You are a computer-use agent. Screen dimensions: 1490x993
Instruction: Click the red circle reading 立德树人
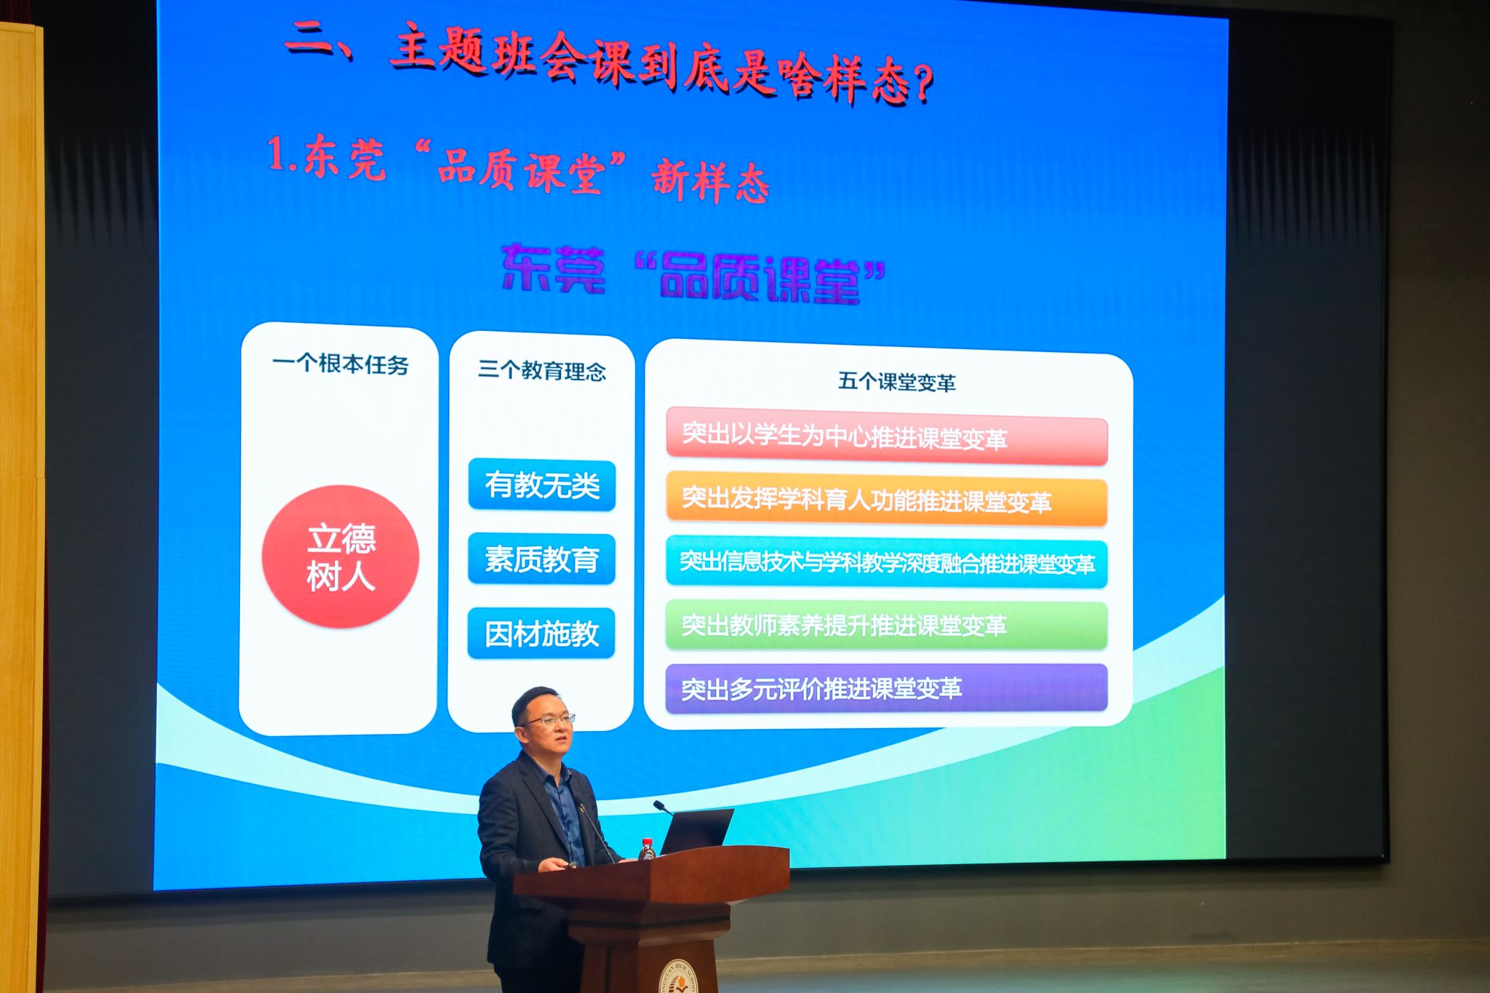340,557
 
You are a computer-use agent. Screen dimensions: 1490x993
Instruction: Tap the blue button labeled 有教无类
542,484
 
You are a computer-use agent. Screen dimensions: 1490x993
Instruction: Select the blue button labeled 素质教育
541,559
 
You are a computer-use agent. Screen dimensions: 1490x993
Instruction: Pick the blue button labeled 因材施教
541,633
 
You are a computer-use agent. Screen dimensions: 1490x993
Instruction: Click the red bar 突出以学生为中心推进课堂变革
887,436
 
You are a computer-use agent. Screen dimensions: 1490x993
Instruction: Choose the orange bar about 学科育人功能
887,501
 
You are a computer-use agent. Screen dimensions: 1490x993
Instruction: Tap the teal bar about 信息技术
887,562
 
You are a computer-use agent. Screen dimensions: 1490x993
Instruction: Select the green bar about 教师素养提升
887,625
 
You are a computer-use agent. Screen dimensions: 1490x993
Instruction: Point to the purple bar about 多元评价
887,688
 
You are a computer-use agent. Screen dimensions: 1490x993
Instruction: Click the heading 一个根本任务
340,364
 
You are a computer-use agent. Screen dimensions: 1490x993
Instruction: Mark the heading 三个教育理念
542,370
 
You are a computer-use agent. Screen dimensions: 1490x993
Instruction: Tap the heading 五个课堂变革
896,381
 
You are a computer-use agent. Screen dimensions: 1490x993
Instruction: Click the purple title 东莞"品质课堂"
693,274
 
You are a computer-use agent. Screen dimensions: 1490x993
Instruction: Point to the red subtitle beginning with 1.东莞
518,169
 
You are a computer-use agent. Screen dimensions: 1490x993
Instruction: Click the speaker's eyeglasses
550,720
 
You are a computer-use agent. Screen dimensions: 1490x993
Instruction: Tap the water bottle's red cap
646,842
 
